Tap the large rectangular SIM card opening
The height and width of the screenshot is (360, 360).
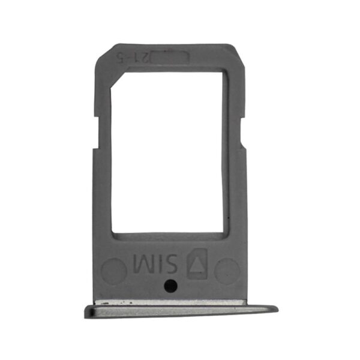click(170, 153)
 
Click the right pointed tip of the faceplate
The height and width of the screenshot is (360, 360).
click(277, 310)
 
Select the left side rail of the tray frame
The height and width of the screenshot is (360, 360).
click(103, 180)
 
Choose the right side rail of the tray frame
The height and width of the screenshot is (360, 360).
click(236, 180)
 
